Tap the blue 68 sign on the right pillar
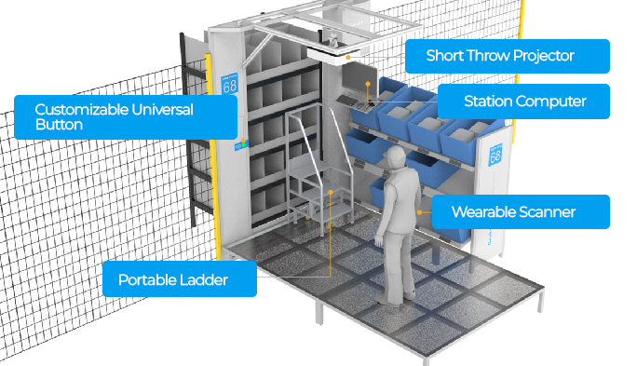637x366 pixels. (x=495, y=154)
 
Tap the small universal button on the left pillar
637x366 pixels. (x=238, y=145)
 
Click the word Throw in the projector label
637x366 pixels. (x=484, y=56)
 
